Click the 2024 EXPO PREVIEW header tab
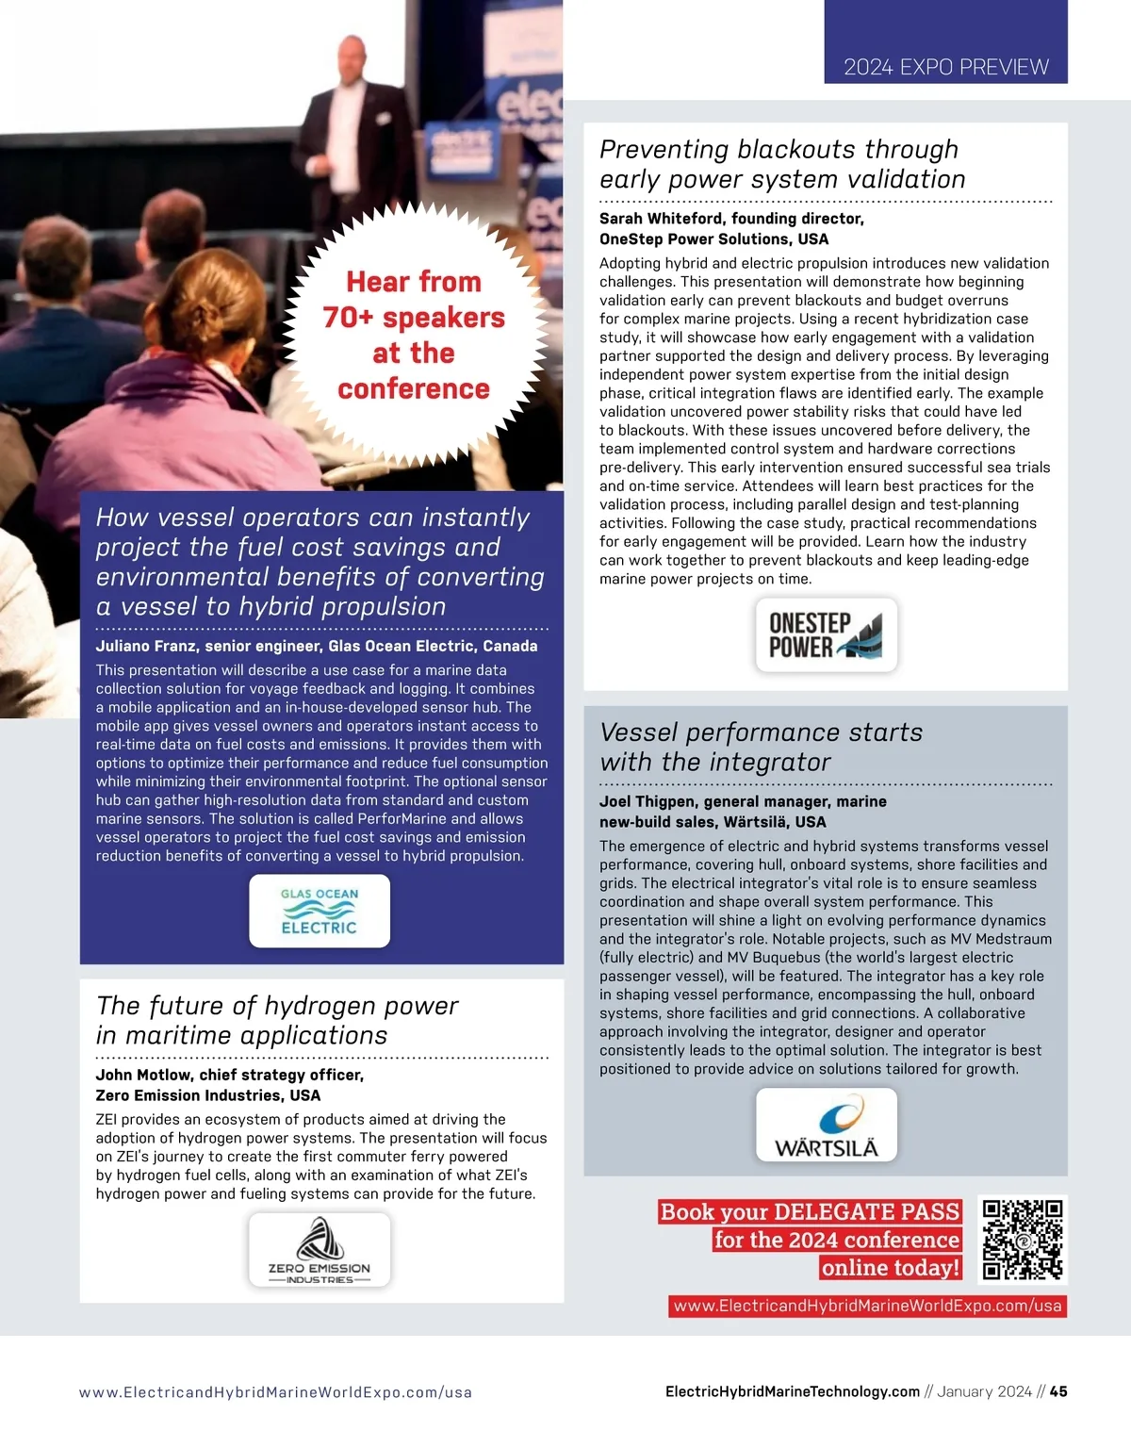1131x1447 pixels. pyautogui.click(x=945, y=67)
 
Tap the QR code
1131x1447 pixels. pyautogui.click(x=1023, y=1240)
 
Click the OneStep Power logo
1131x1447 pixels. pyautogui.click(x=827, y=635)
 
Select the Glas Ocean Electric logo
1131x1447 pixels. pyautogui.click(x=320, y=912)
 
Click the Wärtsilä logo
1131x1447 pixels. pyautogui.click(x=827, y=1125)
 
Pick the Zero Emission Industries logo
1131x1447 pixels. pyautogui.click(x=320, y=1250)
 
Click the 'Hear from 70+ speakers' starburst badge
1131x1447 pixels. pyautogui.click(x=414, y=335)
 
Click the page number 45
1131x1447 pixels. pyautogui.click(x=1058, y=1391)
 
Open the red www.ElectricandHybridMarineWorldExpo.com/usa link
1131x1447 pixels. pyautogui.click(x=867, y=1307)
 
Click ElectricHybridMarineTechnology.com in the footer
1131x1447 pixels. pyautogui.click(x=792, y=1391)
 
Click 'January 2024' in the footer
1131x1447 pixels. pyautogui.click(x=984, y=1391)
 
